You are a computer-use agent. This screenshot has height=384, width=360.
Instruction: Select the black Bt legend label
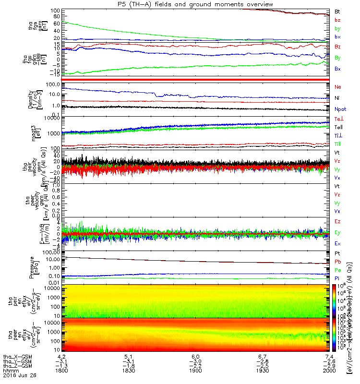(337, 11)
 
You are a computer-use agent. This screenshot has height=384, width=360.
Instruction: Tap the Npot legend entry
(340, 109)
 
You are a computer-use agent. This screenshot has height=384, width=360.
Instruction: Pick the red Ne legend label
(337, 87)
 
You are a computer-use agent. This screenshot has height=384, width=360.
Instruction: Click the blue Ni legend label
(337, 98)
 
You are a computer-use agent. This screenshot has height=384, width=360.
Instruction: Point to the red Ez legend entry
(337, 222)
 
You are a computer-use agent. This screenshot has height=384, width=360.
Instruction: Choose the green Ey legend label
(337, 233)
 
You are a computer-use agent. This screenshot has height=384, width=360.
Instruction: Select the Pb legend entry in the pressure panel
(337, 262)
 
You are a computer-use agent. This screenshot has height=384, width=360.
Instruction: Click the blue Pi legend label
(337, 279)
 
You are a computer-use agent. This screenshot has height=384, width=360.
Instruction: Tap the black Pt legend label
(337, 253)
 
